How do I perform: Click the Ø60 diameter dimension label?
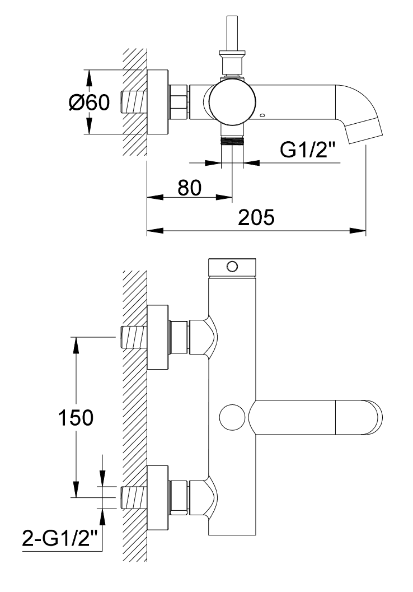[x=90, y=102]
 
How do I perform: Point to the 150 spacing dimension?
[x=76, y=417]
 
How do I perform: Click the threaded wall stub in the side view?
[x=133, y=102]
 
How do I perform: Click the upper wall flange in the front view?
[x=158, y=338]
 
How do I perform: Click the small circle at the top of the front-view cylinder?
[x=232, y=265]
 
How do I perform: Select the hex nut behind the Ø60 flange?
[x=179, y=102]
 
